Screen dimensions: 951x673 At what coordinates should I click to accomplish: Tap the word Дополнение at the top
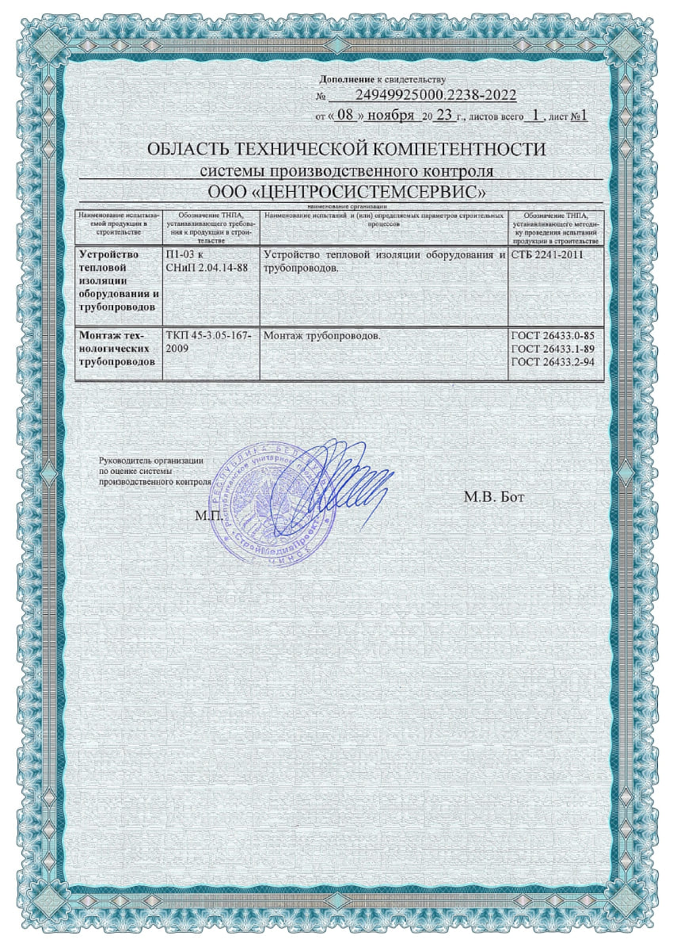coord(346,80)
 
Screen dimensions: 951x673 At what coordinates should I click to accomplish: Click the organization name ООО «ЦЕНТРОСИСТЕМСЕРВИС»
coord(346,193)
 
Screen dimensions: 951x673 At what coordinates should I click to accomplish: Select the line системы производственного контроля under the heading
coord(346,171)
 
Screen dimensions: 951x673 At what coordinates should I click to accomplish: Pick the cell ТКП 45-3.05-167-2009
coord(208,342)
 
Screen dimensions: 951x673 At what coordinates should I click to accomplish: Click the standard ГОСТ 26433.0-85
coord(553,336)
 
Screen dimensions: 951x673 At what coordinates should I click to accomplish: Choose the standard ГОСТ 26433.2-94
coord(553,361)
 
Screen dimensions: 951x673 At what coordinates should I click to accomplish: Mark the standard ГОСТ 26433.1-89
coord(553,349)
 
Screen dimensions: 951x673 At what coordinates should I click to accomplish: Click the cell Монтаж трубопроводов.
coord(321,336)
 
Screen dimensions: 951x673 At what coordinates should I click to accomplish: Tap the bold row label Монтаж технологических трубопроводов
coord(117,349)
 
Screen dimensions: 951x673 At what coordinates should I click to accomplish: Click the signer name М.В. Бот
coord(494,498)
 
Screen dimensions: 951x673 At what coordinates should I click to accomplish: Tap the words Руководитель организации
coord(152,460)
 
